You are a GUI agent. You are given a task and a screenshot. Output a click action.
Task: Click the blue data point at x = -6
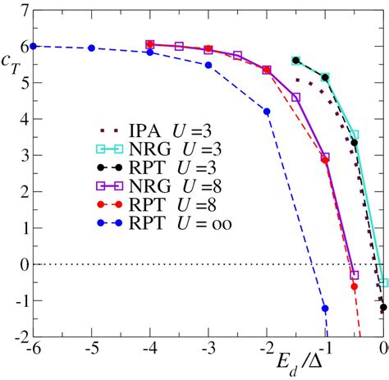(x=33, y=46)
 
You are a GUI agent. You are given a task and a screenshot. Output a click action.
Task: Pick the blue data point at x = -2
(x=267, y=111)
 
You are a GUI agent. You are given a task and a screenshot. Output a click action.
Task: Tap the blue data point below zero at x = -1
(x=326, y=309)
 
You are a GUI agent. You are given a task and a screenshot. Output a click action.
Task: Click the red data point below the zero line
(x=355, y=286)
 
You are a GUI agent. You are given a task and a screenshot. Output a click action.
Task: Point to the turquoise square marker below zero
(x=383, y=282)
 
